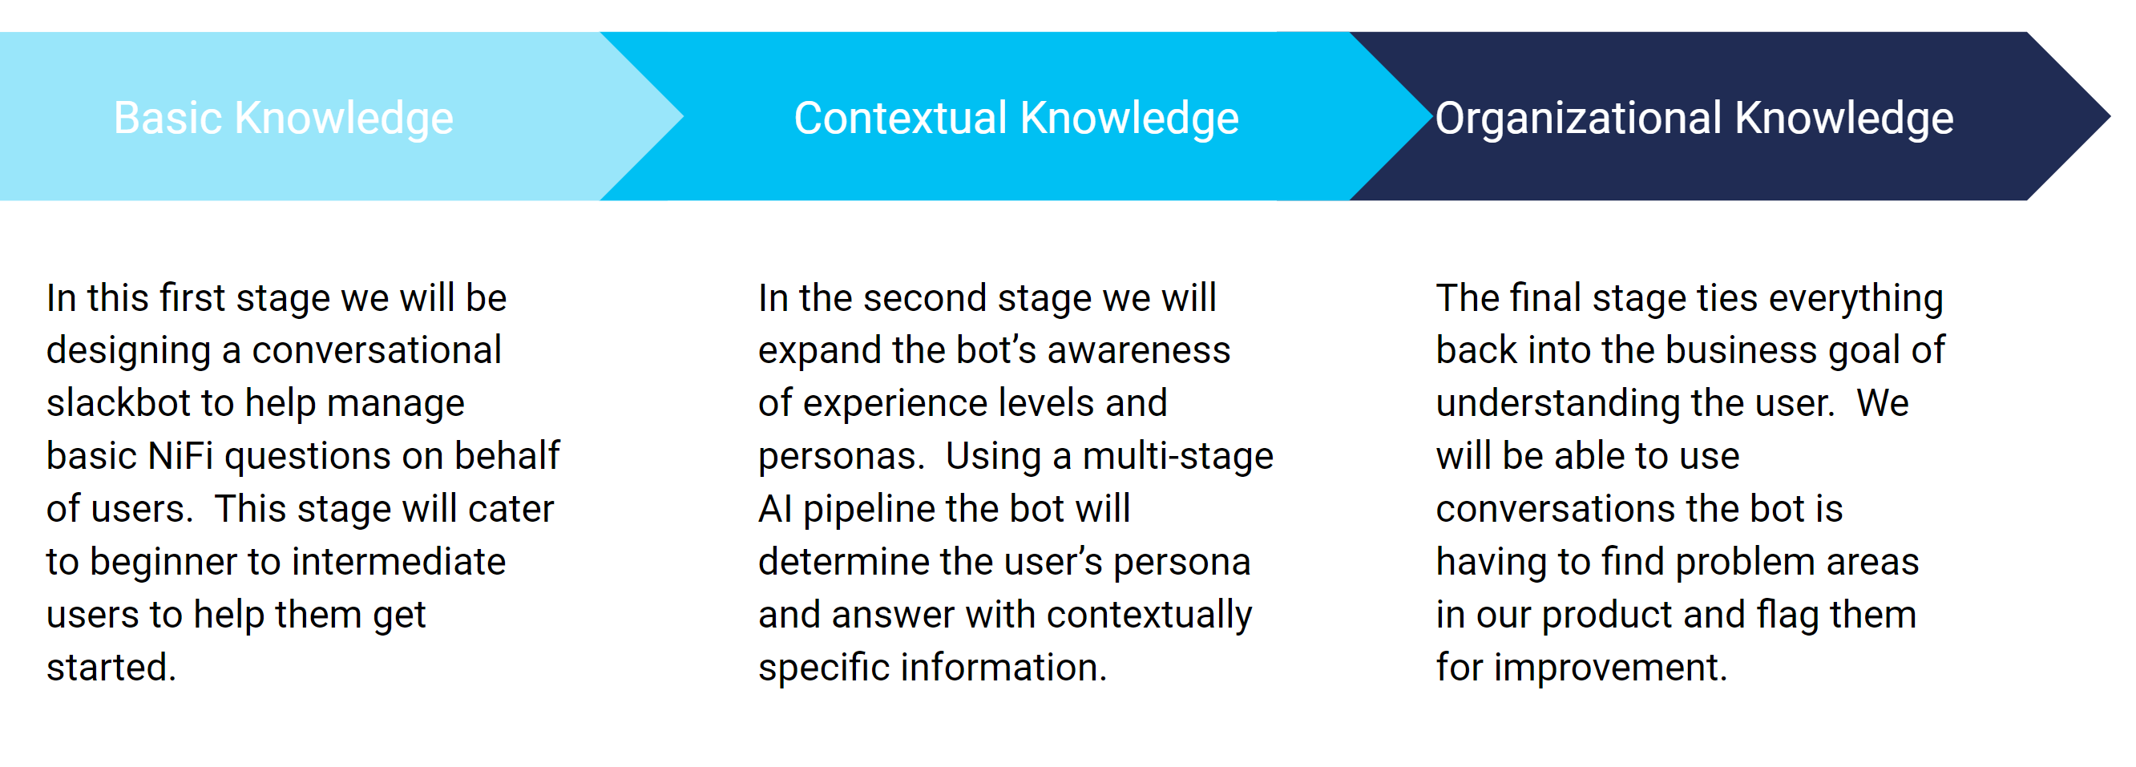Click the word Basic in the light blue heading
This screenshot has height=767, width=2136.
pyautogui.click(x=168, y=118)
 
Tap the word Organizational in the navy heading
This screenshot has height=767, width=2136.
pyautogui.click(x=1579, y=118)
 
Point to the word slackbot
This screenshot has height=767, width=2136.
pyautogui.click(x=123, y=403)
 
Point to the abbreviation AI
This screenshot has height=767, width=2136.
pyautogui.click(x=775, y=508)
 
